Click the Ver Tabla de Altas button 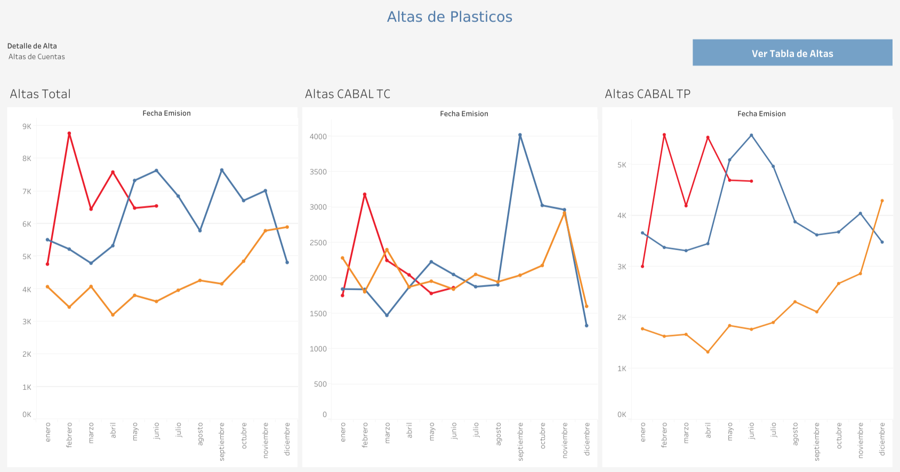tap(792, 53)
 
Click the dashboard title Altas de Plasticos tap(449, 17)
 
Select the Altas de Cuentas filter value tap(37, 57)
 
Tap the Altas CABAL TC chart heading tap(348, 94)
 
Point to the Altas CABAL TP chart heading tap(647, 94)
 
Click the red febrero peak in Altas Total tap(69, 133)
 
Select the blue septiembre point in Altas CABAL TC tap(520, 135)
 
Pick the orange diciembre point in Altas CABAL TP tap(882, 201)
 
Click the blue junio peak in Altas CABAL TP tap(751, 135)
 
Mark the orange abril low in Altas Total tap(113, 315)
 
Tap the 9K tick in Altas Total tap(27, 126)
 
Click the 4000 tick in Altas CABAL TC tap(318, 137)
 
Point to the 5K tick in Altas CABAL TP tap(622, 165)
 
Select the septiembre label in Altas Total tap(222, 441)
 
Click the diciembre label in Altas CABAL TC tap(587, 439)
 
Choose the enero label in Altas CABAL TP tap(642, 432)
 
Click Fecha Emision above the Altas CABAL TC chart tap(464, 114)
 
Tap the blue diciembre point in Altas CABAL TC tap(586, 325)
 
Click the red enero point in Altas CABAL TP tap(642, 266)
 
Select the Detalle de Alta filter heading tap(32, 46)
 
